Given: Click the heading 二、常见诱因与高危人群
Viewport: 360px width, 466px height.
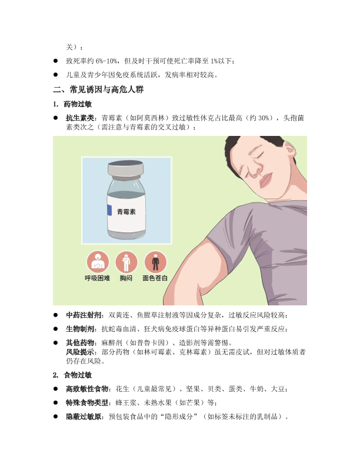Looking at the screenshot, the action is click(x=98, y=89).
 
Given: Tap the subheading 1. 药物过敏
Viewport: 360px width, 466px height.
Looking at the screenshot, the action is click(x=72, y=104).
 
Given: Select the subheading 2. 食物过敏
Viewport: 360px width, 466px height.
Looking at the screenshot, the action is click(x=72, y=375).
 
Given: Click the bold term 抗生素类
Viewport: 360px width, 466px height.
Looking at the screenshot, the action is click(x=80, y=118).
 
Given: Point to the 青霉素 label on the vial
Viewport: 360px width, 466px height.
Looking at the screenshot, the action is click(x=126, y=212).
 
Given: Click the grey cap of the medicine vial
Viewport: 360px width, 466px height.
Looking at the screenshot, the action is click(x=126, y=168).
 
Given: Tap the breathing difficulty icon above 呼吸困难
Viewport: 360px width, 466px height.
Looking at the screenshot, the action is click(x=98, y=262).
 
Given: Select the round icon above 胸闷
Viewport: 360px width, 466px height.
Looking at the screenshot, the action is click(x=126, y=262).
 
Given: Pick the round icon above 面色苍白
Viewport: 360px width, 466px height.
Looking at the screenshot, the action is click(x=155, y=262).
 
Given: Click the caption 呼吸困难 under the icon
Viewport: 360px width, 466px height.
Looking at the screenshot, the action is click(x=98, y=278).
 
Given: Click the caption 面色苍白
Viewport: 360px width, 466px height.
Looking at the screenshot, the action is click(x=155, y=278).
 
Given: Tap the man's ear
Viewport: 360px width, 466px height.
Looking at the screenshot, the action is click(x=289, y=152).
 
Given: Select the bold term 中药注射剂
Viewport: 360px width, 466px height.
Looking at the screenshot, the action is click(x=84, y=315).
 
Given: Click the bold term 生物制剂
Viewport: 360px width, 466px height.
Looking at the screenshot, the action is click(x=80, y=329).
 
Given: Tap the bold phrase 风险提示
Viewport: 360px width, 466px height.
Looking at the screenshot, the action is click(x=80, y=352).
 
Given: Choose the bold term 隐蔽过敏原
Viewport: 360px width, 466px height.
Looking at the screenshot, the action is click(x=84, y=417).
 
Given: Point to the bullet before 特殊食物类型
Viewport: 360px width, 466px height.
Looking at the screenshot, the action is click(x=55, y=402).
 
